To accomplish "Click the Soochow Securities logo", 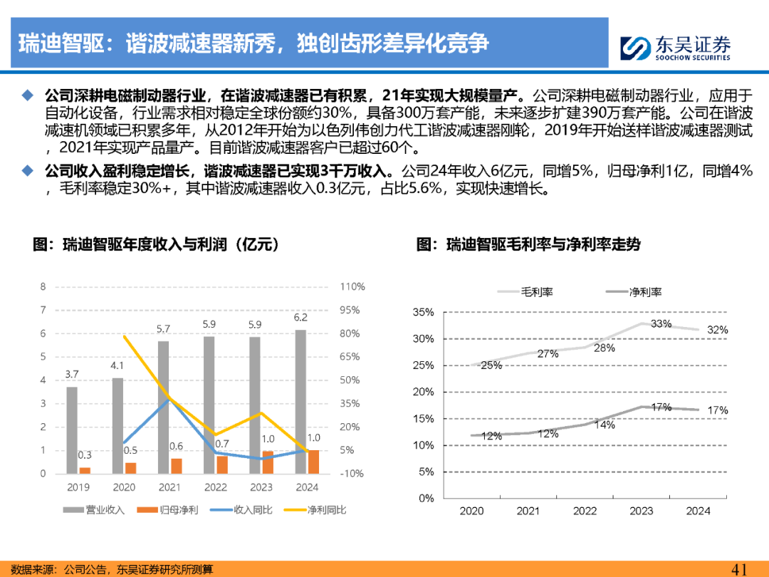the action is coord(675,48).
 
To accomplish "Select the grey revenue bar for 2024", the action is coord(300,402).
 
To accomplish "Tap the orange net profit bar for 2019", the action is coord(85,471).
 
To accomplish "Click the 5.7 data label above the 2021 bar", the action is coord(163,328).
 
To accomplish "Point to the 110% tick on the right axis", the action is coord(352,286).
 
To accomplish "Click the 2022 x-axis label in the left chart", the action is coord(215,487).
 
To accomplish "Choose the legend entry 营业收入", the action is coord(94,510).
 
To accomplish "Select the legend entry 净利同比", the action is coord(315,510).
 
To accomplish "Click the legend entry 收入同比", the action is coord(241,510).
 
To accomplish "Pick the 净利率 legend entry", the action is coord(634,292).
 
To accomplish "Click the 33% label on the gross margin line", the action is coord(661,324).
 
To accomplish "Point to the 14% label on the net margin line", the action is coord(605,425).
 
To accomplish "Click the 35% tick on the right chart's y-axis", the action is coord(423,312).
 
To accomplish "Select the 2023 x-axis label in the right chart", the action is coord(641,511).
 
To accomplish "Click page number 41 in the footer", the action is coord(740,569).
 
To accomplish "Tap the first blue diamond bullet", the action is coord(28,95).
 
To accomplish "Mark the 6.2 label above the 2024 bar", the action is coord(300,318).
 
